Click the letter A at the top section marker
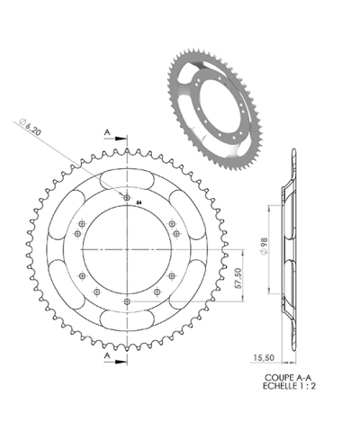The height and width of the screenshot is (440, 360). (x=107, y=132)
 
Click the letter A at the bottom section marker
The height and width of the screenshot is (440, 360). (x=107, y=356)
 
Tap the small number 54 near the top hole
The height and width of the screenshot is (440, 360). (x=139, y=203)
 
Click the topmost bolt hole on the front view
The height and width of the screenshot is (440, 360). (x=128, y=197)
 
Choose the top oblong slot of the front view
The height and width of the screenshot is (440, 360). (x=129, y=178)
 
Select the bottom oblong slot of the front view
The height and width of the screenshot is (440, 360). (x=129, y=319)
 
